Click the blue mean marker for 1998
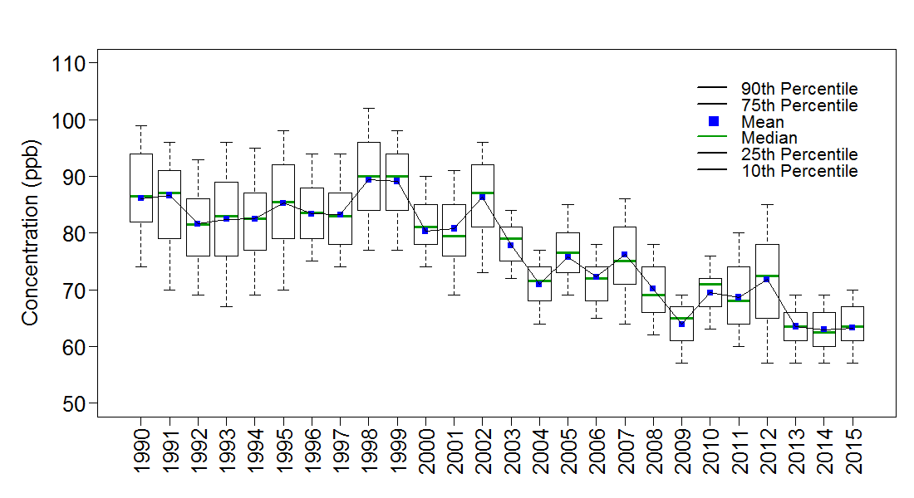[x=368, y=179]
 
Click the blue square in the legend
[x=713, y=122]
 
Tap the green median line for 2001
[x=454, y=236]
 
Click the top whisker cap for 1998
[x=368, y=108]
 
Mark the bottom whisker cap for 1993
[x=226, y=306]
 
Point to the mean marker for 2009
[x=681, y=324]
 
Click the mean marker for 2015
[x=853, y=327]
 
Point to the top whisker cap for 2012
[x=767, y=204]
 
